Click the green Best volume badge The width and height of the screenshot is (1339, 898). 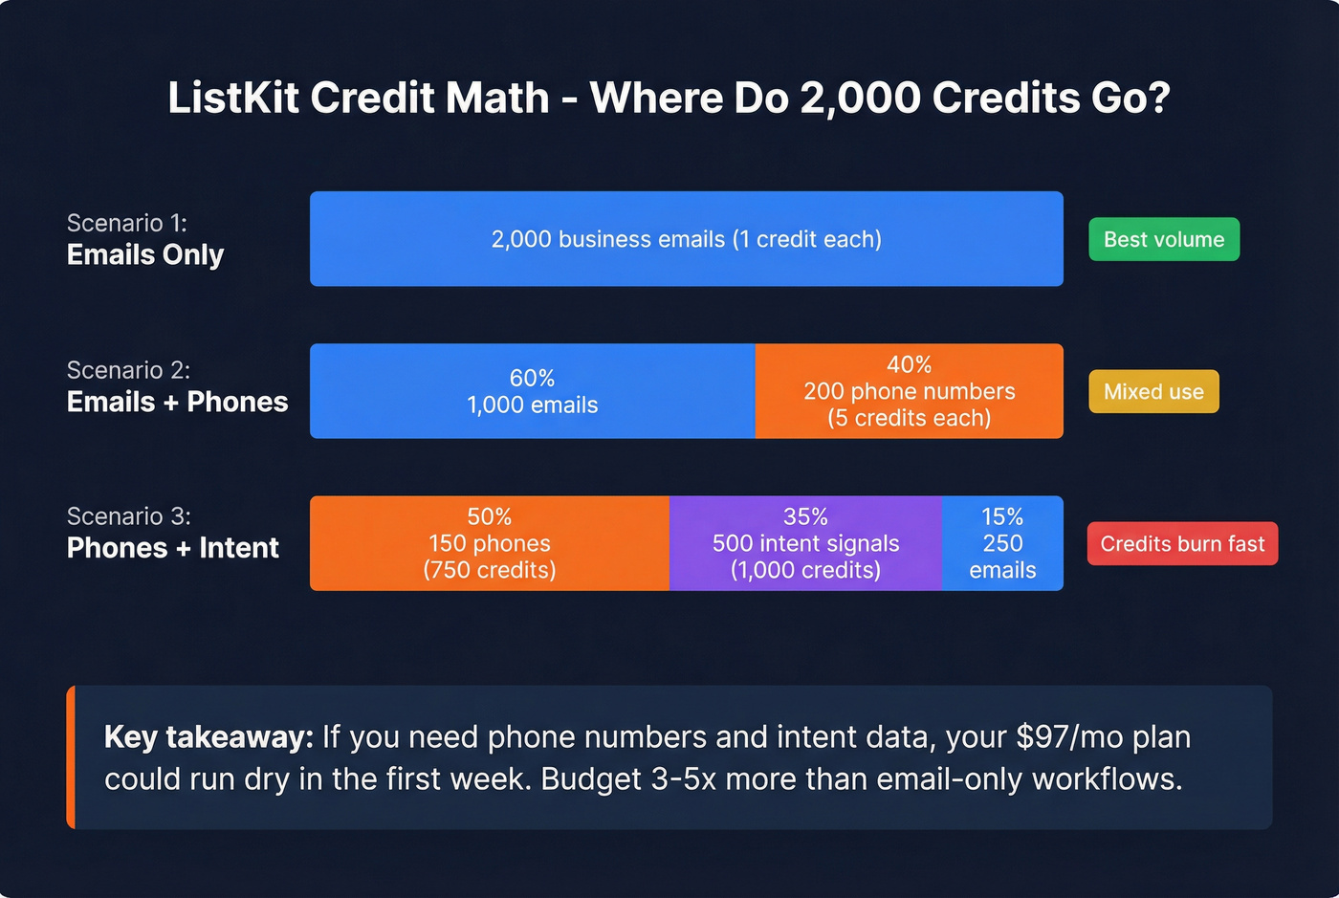pos(1164,239)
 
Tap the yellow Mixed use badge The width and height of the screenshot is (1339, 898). pos(1153,391)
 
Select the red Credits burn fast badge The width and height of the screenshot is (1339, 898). pos(1182,543)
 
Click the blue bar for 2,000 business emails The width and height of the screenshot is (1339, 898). pos(686,239)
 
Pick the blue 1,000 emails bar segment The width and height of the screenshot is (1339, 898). pos(532,391)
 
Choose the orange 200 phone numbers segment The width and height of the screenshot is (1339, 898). pos(909,391)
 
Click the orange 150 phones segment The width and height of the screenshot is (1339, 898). pos(489,543)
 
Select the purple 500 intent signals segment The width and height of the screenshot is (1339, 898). pos(805,543)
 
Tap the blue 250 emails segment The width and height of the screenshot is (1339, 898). pos(1002,543)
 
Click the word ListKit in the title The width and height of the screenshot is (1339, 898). pos(233,99)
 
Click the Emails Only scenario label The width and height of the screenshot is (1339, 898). pos(145,255)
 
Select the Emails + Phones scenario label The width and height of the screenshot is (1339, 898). pos(177,402)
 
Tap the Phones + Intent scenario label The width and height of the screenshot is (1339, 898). pos(172,548)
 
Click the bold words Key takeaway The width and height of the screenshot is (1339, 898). pos(209,737)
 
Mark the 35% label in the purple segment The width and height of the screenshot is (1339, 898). pos(805,516)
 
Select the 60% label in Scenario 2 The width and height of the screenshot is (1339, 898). pos(532,378)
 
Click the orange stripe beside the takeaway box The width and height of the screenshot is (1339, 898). pos(71,756)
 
